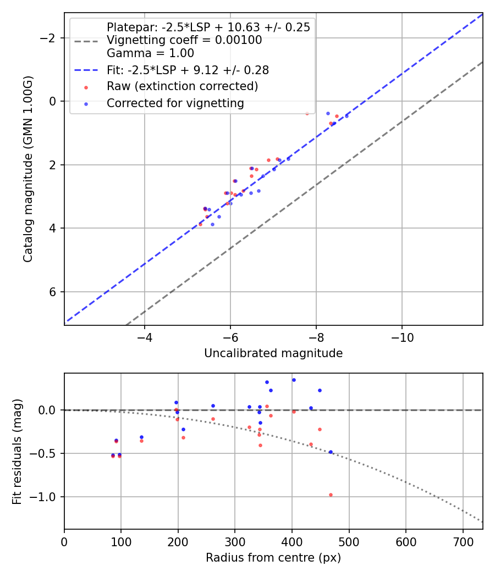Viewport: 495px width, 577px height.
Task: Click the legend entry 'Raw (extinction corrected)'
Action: (x=182, y=86)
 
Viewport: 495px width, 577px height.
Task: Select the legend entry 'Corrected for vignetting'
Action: (x=175, y=103)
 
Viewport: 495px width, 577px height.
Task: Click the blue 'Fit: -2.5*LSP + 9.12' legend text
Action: (x=188, y=70)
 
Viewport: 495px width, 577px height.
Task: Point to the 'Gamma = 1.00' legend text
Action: (x=150, y=54)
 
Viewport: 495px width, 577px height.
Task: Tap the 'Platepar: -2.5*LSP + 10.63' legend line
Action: (x=208, y=27)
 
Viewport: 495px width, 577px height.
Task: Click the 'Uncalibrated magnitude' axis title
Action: (x=273, y=353)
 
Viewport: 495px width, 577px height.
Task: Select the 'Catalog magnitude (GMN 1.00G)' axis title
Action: (x=28, y=169)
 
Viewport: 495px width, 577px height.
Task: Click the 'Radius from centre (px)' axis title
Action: (x=273, y=558)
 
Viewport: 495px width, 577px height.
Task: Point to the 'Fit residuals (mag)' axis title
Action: (x=17, y=451)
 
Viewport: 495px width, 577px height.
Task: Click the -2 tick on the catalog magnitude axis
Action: (x=50, y=38)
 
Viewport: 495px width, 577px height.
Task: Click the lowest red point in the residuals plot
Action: (x=331, y=495)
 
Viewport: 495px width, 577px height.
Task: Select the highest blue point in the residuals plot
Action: (x=294, y=380)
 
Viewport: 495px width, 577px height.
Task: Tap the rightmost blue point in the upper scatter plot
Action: (x=346, y=116)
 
